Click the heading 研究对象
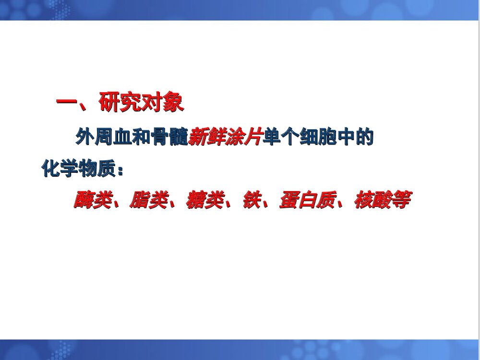click(x=141, y=103)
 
